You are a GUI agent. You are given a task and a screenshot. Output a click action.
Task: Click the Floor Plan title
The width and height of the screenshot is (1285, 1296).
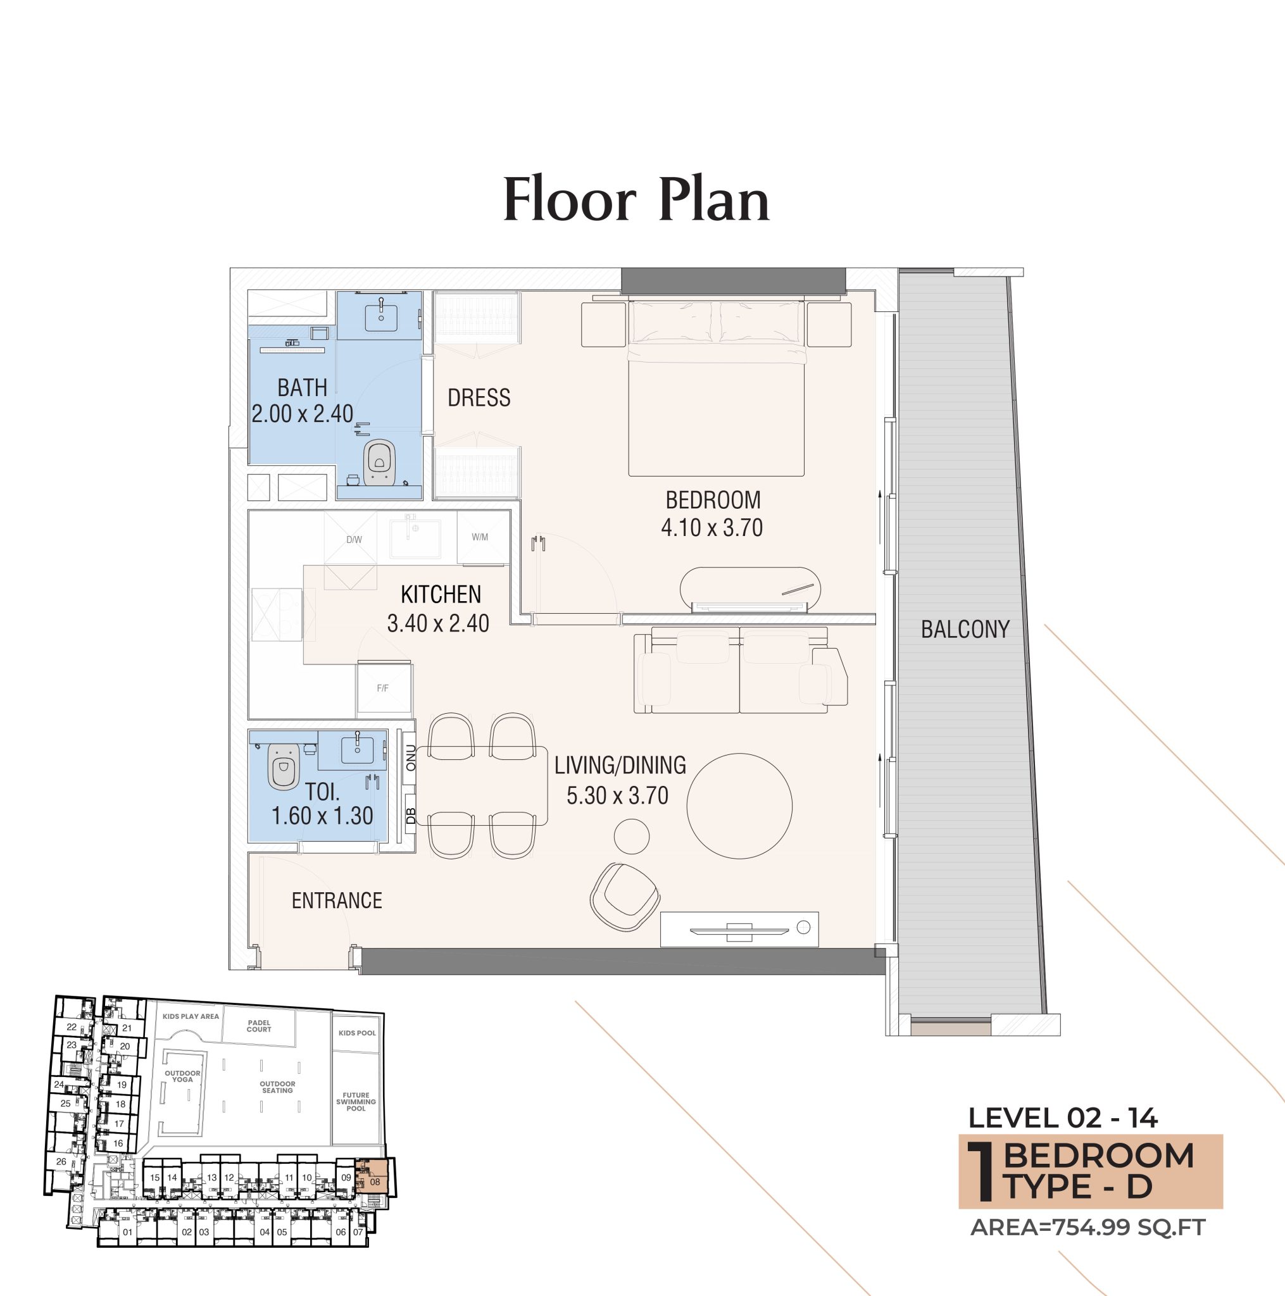[x=636, y=200]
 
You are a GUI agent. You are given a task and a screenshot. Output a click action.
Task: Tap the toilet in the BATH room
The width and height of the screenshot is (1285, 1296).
[x=379, y=463]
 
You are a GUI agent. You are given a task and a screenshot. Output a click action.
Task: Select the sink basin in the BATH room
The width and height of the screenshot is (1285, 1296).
[x=380, y=317]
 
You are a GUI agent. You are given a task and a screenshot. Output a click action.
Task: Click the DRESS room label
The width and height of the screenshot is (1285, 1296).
[x=479, y=398]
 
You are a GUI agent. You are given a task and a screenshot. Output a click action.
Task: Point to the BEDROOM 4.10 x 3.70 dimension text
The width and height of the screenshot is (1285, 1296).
[x=711, y=528]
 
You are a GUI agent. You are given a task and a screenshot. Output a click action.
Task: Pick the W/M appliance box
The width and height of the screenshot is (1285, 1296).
[x=480, y=537]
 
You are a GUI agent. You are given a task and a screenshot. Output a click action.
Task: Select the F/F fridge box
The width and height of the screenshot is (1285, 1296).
[x=382, y=688]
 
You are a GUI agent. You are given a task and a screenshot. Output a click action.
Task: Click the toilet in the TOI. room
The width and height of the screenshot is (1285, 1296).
[x=283, y=766]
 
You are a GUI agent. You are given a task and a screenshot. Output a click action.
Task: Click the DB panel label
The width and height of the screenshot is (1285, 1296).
[x=411, y=816]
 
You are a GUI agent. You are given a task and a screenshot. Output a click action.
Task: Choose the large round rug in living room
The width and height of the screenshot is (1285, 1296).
[x=739, y=806]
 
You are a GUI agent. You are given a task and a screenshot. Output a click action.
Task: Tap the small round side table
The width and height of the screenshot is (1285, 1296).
[x=632, y=836]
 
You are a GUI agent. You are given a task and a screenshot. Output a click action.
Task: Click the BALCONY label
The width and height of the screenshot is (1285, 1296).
[x=964, y=629]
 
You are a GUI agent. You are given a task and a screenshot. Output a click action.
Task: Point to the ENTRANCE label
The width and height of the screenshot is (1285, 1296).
[x=336, y=900]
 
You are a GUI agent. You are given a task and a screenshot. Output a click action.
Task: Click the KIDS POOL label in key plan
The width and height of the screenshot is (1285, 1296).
[x=357, y=1033]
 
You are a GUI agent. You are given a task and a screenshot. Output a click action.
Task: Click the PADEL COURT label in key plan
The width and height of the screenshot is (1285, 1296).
[x=258, y=1026]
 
